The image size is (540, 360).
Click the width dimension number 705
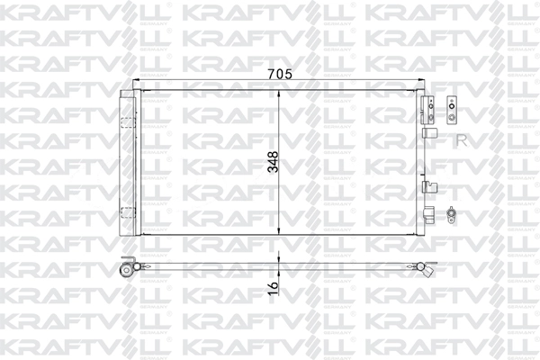tap(278, 76)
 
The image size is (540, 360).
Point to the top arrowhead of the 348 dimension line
tap(278, 94)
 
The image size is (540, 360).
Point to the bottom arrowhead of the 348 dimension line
tap(278, 231)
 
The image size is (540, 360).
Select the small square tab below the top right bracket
tap(428, 132)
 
